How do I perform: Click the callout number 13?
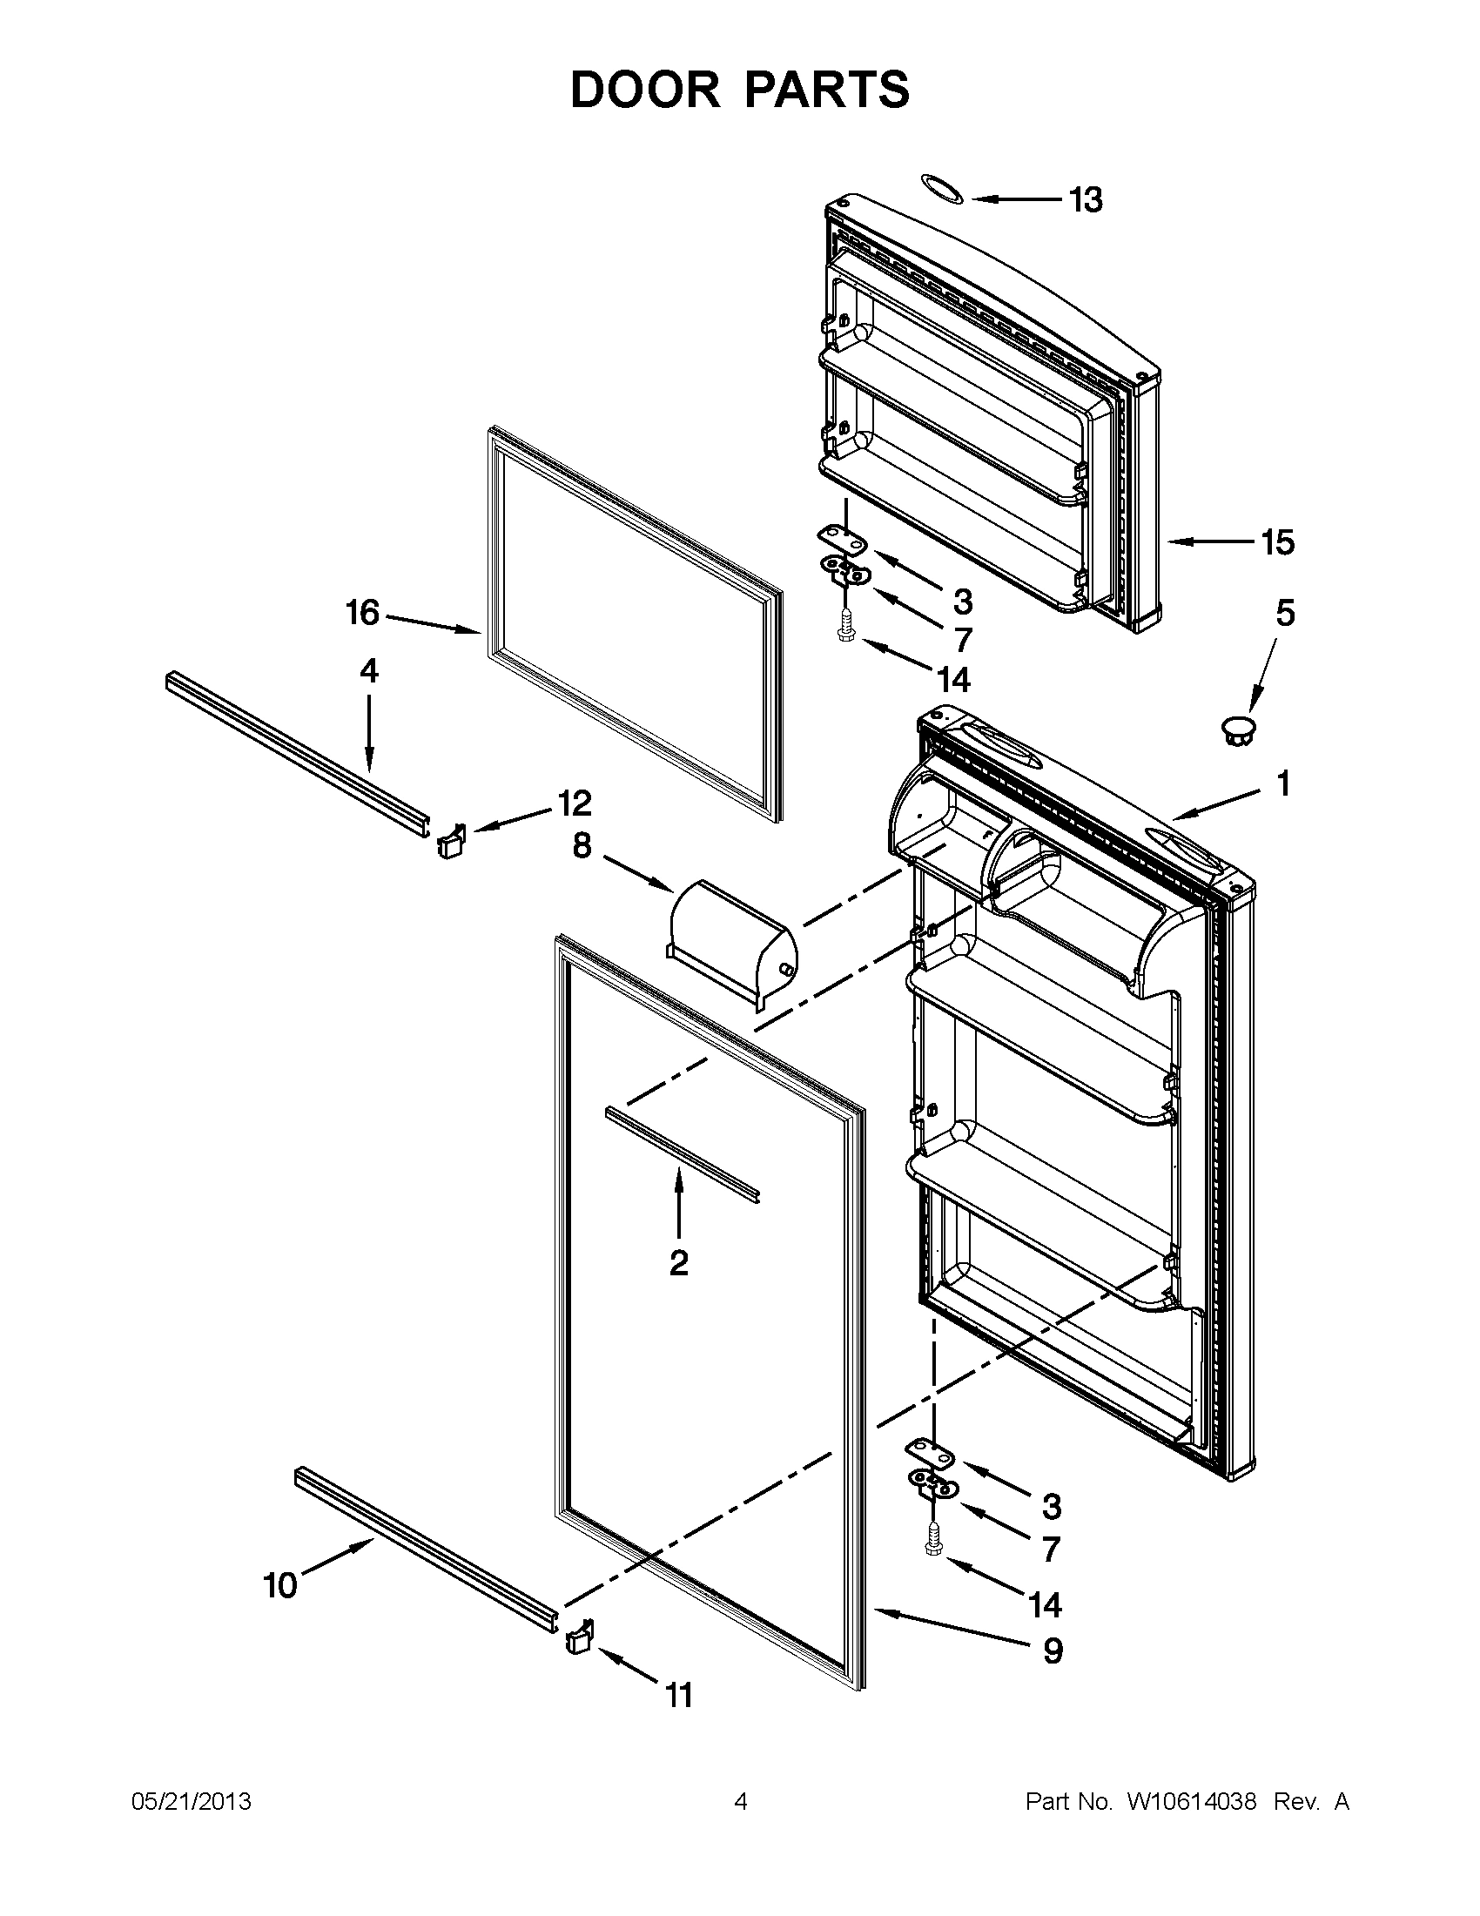tap(1086, 201)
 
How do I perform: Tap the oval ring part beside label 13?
tap(941, 189)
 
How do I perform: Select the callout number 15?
tap(1277, 543)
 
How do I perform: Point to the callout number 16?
tap(362, 612)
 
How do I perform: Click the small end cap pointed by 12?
tap(449, 842)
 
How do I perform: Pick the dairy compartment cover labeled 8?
tap(732, 943)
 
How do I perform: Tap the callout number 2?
tap(678, 1263)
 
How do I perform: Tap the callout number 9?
tap(1053, 1651)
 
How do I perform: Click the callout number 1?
tap(1282, 784)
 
